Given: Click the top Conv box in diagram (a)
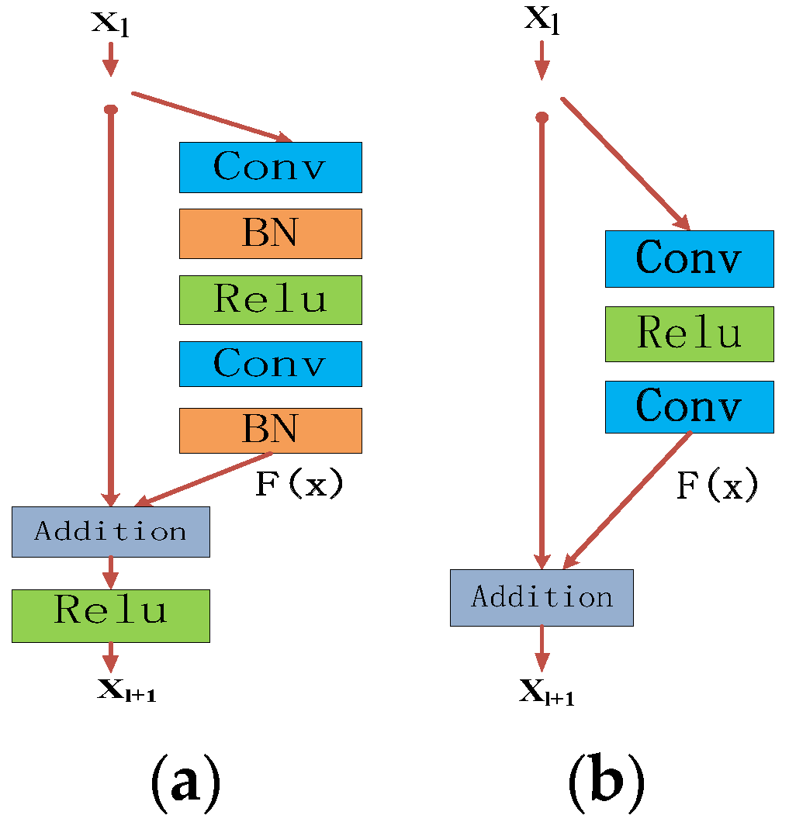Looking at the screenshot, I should point(270,167).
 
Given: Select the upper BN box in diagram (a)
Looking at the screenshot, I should point(270,233).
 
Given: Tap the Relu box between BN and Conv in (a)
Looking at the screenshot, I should point(270,299).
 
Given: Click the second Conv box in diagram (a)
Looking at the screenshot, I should point(270,364).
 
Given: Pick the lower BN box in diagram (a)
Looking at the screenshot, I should point(270,430).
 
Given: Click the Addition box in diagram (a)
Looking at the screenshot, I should point(111,532).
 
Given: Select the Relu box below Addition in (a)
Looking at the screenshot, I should point(111,616).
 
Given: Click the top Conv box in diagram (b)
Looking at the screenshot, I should point(689,258).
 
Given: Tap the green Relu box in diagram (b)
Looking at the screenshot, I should point(689,333).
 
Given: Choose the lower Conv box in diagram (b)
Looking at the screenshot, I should point(689,406).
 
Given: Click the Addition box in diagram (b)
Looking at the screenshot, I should point(542,598).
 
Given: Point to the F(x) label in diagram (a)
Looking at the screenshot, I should point(299,485).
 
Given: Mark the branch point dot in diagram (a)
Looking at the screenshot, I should point(111,109).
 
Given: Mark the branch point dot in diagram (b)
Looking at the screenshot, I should point(542,117).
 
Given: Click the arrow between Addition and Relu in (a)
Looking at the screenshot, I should point(111,573).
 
